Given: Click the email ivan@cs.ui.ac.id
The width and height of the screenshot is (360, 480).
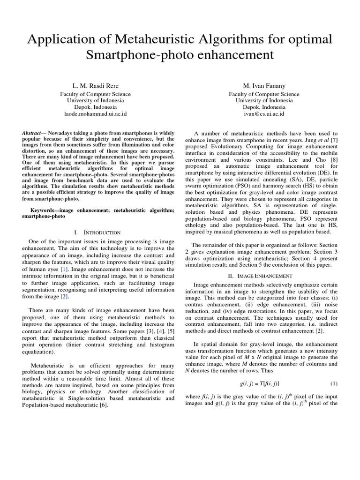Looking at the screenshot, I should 264,114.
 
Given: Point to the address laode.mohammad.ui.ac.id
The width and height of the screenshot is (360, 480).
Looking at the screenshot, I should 95,114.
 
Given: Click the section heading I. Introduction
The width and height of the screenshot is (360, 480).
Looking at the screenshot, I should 97,232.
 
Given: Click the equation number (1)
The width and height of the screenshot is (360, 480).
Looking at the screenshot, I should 334,383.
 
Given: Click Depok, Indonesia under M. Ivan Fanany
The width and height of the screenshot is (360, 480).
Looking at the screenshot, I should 264,107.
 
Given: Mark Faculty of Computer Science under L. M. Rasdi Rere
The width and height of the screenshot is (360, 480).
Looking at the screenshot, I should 95,94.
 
